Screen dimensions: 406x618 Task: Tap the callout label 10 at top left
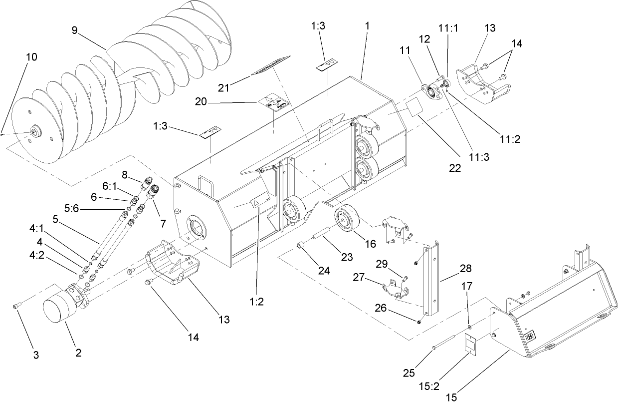(31, 57)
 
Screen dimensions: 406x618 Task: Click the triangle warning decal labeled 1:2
(255, 202)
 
